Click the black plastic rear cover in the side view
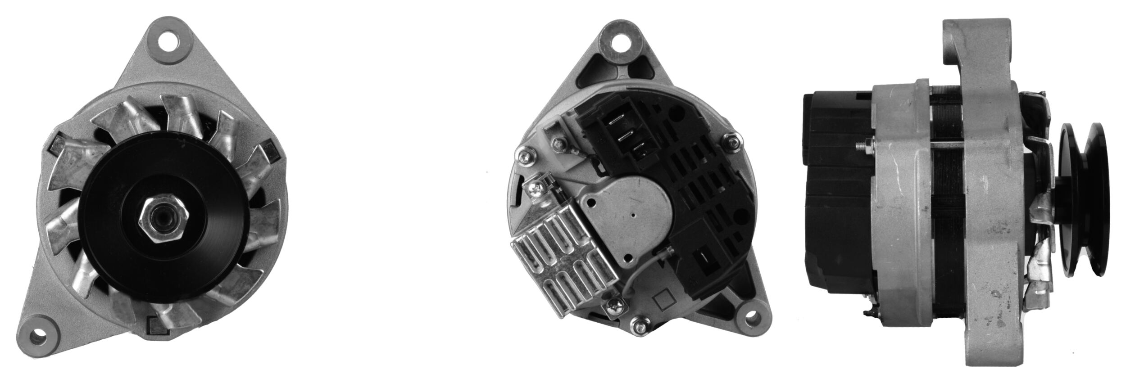(x=835, y=194)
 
